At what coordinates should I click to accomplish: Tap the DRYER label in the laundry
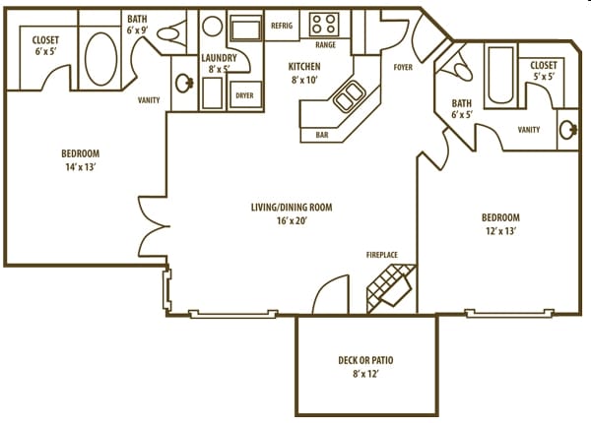[x=243, y=95]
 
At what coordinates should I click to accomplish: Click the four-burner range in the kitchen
[x=324, y=24]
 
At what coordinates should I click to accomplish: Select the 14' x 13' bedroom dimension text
[x=81, y=168]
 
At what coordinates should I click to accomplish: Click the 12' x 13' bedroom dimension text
[x=499, y=231]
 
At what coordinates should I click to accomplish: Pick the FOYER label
[x=403, y=68]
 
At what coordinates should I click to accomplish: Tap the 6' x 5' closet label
[x=45, y=46]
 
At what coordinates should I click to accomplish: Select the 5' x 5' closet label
[x=543, y=71]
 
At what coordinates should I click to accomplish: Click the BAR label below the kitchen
[x=321, y=134]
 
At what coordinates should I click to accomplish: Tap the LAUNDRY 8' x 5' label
[x=218, y=64]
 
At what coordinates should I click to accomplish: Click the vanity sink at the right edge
[x=569, y=128]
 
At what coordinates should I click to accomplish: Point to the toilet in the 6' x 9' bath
[x=169, y=33]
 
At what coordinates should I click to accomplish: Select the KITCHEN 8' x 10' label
[x=305, y=74]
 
